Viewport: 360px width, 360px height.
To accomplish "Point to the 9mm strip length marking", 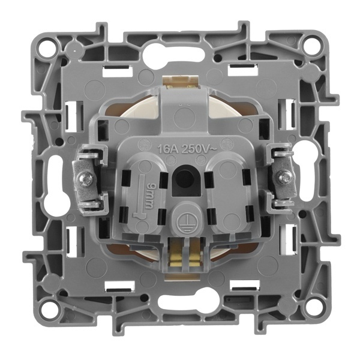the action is pos(149,196).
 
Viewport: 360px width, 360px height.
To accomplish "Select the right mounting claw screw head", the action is pos(284,177).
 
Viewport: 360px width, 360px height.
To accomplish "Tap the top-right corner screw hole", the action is pos(310,46).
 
